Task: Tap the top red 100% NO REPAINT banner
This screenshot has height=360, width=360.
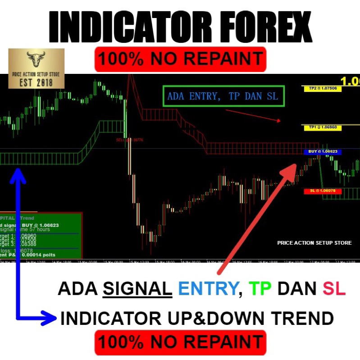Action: point(180,59)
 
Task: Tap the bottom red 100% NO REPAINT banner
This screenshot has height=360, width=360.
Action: point(180,341)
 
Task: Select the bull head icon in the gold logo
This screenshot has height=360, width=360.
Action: point(36,58)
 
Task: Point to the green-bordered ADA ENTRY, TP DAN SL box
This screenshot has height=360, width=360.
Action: point(223,96)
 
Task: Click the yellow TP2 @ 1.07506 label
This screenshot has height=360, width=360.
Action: point(322,89)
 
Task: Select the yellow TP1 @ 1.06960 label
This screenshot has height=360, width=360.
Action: point(322,128)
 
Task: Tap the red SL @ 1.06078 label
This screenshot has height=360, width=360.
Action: point(322,191)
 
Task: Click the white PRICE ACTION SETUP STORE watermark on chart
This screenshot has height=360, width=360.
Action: point(314,243)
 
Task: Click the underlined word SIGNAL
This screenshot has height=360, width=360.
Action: point(137,289)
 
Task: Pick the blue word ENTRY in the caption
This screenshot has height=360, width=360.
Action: point(208,289)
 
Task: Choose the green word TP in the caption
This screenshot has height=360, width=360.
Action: point(260,289)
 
